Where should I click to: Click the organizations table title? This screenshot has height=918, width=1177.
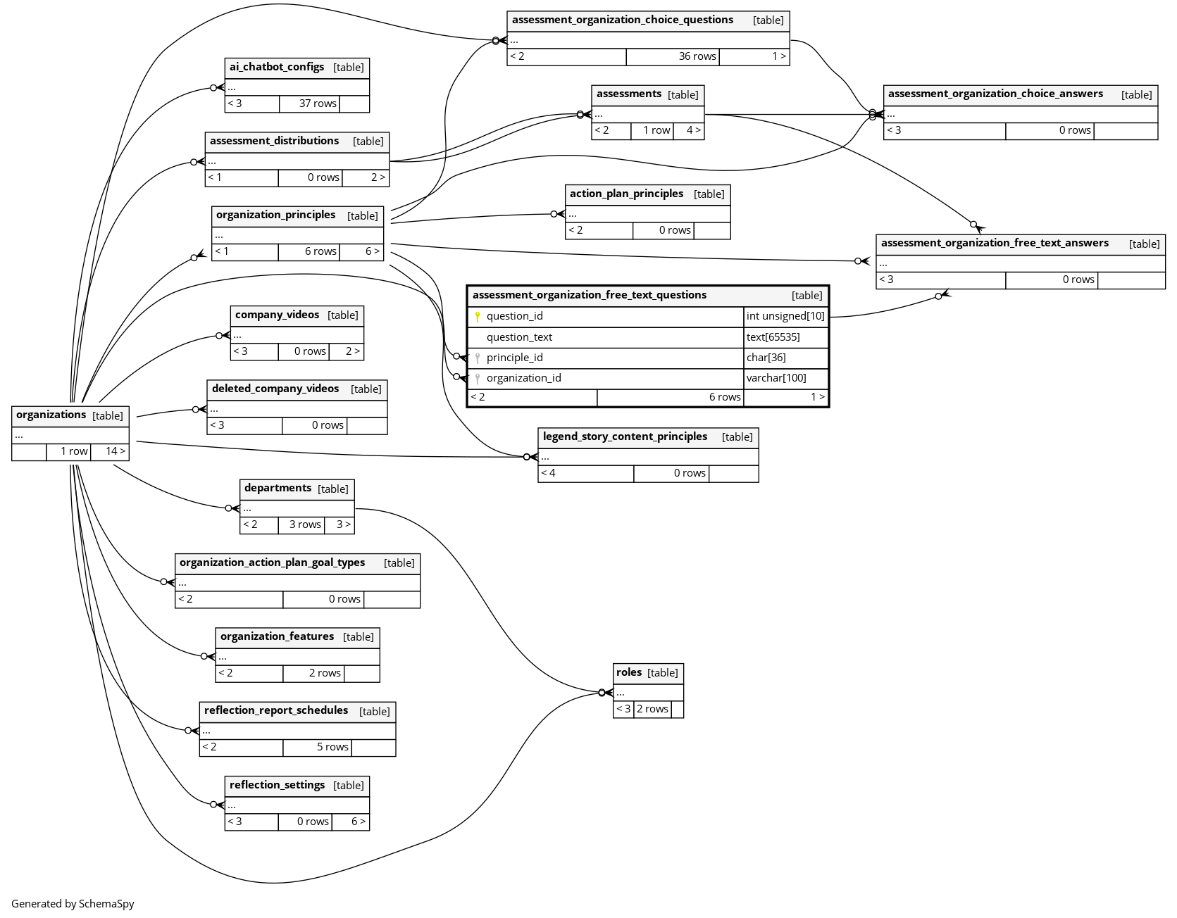51,415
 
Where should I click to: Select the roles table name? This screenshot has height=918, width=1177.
629,672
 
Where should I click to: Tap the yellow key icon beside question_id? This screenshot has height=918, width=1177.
478,317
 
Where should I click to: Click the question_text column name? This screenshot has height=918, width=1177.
519,337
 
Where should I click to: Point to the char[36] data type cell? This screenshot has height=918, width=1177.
766,358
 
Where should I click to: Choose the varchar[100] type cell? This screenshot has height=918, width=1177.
776,378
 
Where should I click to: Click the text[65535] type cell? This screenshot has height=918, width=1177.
773,337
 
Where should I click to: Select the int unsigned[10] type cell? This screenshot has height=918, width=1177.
785,317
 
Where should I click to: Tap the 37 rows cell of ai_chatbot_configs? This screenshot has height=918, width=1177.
318,103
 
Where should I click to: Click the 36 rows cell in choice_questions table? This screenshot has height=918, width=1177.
697,56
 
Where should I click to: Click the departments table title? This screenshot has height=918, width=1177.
278,488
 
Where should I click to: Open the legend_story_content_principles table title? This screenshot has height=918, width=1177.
625,436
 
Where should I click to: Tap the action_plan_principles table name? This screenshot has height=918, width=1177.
626,194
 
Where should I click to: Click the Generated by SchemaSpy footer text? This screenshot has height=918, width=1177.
73,904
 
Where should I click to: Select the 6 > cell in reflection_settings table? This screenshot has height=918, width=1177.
358,822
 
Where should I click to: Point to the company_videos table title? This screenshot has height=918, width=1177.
277,315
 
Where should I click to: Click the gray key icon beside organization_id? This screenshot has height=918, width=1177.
478,379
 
